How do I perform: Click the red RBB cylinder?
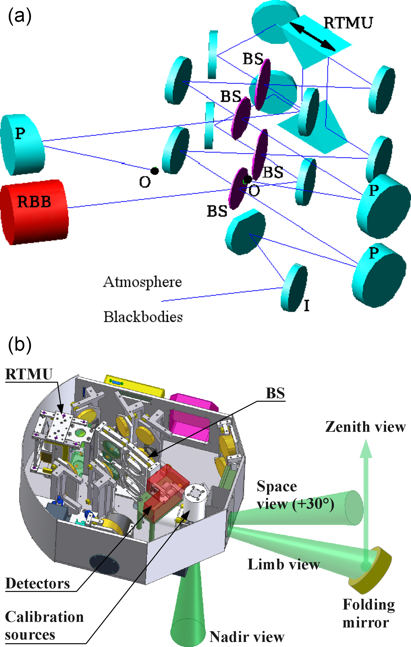(35, 212)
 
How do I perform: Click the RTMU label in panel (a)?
(348, 22)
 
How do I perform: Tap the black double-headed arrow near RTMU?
(313, 37)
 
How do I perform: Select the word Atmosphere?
(142, 282)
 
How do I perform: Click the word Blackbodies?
(143, 317)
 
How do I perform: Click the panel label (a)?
(20, 16)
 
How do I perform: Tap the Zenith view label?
(365, 427)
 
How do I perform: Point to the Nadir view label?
(247, 637)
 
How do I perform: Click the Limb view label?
(283, 564)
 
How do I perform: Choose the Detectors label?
(38, 584)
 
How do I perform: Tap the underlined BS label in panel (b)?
(275, 393)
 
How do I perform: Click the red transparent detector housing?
(166, 486)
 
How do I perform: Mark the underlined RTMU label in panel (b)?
(29, 374)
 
